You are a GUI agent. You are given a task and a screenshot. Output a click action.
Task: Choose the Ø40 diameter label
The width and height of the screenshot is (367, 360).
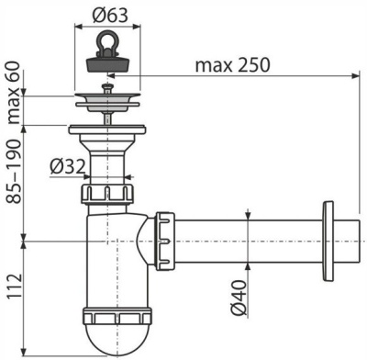(x=241, y=294)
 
